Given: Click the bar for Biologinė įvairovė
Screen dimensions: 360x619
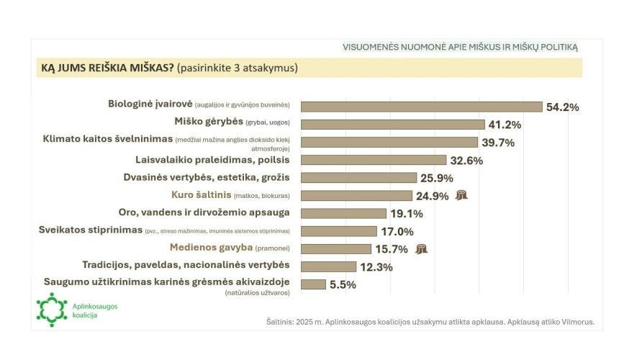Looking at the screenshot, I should click(x=421, y=107).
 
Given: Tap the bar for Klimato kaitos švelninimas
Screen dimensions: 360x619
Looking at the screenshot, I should click(x=389, y=142).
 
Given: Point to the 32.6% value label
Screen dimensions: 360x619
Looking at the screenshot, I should click(x=466, y=160).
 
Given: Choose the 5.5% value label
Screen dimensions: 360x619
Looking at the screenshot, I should click(x=343, y=284).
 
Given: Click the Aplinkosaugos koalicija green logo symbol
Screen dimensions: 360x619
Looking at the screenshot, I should click(x=51, y=310).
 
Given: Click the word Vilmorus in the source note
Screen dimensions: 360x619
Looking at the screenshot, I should click(x=576, y=322).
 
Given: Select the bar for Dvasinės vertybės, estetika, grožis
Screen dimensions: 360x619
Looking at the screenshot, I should click(x=358, y=177).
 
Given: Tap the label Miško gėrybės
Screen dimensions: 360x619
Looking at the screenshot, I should click(x=209, y=122).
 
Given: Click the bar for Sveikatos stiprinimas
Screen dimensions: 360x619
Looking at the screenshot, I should click(x=338, y=230).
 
